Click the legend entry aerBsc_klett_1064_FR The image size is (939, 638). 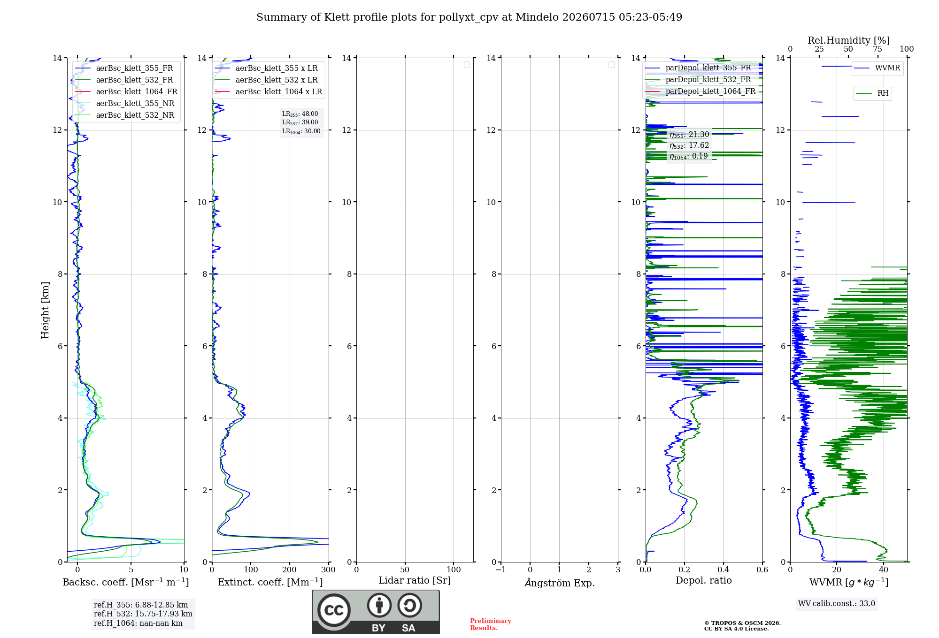126,91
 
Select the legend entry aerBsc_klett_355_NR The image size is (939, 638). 125,103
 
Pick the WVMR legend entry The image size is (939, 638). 877,68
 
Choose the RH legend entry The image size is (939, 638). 872,93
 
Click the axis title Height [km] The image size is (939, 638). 45,310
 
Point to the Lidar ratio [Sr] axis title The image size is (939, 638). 415,581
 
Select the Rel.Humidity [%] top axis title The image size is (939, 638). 848,40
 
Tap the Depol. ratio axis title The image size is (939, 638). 704,580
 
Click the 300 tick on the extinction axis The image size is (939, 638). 329,570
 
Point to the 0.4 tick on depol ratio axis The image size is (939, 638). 723,570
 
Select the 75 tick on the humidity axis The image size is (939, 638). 877,49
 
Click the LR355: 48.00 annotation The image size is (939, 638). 300,114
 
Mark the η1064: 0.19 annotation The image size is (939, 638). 689,156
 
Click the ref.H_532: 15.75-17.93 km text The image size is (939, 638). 143,614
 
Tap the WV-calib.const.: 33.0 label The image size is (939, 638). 837,603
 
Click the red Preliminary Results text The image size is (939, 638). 491,624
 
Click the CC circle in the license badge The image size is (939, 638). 334,610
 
